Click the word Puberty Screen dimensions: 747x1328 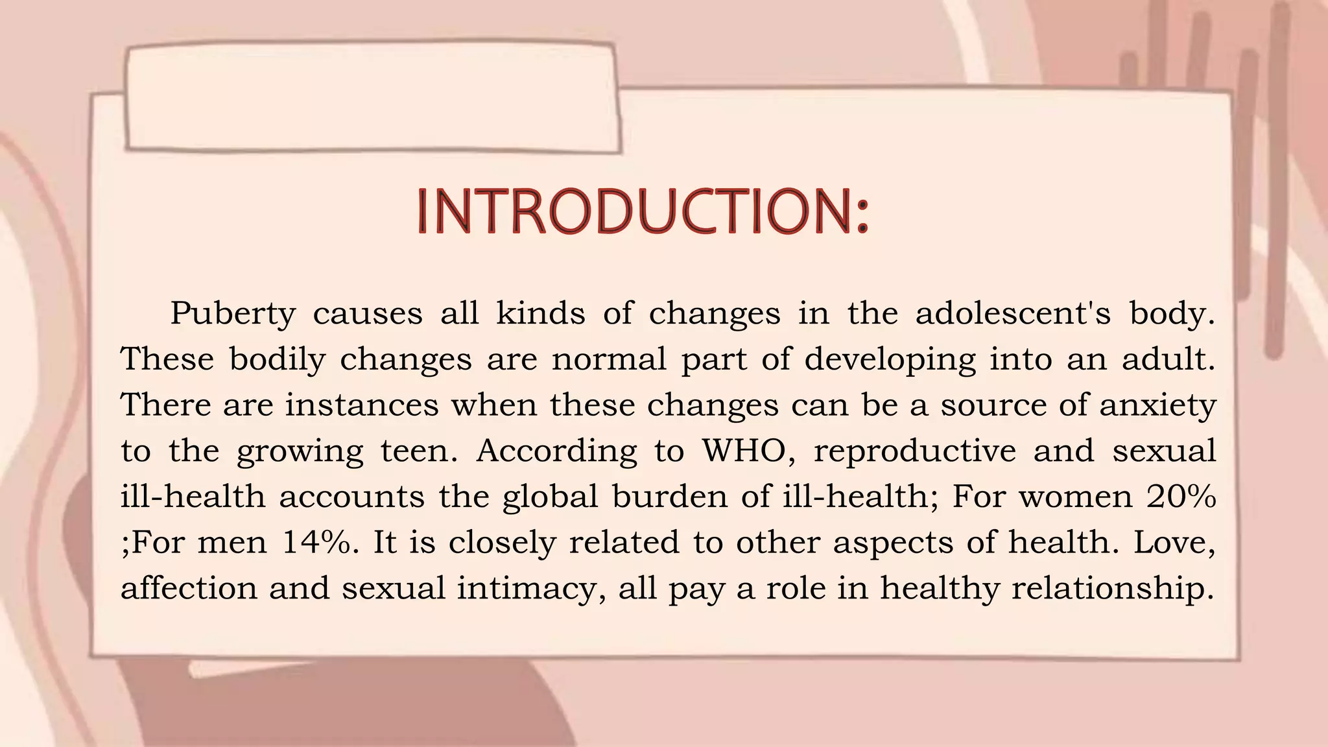pyautogui.click(x=233, y=314)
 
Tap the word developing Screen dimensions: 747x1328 pyautogui.click(x=890, y=360)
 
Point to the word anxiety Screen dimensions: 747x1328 pyautogui.click(x=1157, y=406)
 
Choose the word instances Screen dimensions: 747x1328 pyautogui.click(x=362, y=405)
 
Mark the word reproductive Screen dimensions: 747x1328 pyautogui.click(x=915, y=451)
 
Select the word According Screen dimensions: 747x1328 pyautogui.click(x=557, y=451)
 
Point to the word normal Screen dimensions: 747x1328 pyautogui.click(x=609, y=360)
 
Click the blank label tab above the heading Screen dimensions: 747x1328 pyautogui.click(x=372, y=97)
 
